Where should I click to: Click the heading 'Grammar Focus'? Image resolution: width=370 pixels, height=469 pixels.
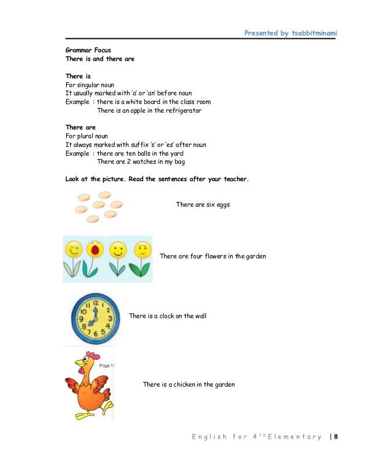click(88, 50)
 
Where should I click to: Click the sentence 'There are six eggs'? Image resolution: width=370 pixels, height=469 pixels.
click(202, 204)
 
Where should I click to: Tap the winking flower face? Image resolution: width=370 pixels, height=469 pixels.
click(73, 250)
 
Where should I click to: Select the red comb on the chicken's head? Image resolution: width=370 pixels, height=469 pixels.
click(92, 355)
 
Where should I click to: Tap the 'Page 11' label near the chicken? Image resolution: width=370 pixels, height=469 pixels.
click(107, 366)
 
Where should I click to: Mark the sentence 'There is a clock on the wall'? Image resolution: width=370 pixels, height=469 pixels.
click(168, 316)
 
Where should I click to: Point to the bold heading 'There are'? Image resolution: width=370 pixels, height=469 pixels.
click(81, 127)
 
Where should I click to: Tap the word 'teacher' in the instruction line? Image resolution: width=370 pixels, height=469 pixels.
click(234, 179)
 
